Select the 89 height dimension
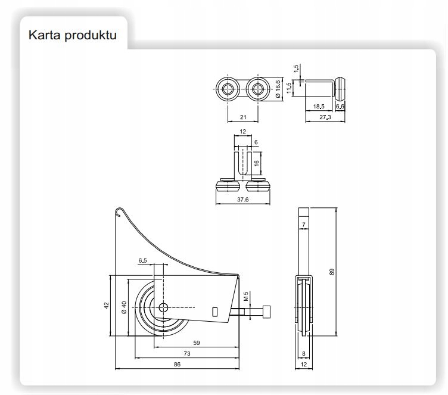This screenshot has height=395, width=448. coord(332,272)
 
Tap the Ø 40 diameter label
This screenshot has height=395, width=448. coord(124,307)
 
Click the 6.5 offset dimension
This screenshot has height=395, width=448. coord(143,261)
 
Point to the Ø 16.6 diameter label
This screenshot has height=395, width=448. coord(277,89)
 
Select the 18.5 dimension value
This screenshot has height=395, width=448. coord(319,106)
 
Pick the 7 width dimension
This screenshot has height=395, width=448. coord(304,225)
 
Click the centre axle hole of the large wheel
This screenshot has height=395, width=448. coord(163,308)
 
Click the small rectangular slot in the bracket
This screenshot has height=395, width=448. coord(214,310)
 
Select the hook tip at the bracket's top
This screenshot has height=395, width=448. coord(118,209)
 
